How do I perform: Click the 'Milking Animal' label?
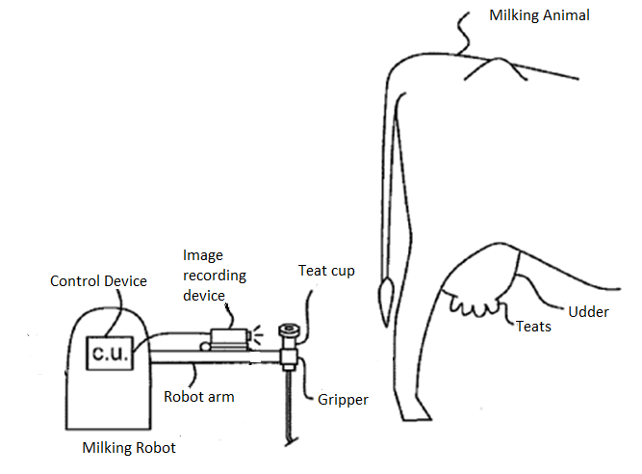point(539,15)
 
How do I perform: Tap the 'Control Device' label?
point(98,280)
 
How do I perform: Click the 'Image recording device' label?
point(214,275)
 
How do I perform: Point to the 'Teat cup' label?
point(326,271)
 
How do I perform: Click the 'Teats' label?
point(533,326)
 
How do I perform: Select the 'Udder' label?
point(588,311)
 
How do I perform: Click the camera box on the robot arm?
point(229,337)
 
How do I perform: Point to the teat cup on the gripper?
point(287,333)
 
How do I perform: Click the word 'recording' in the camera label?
point(215,276)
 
